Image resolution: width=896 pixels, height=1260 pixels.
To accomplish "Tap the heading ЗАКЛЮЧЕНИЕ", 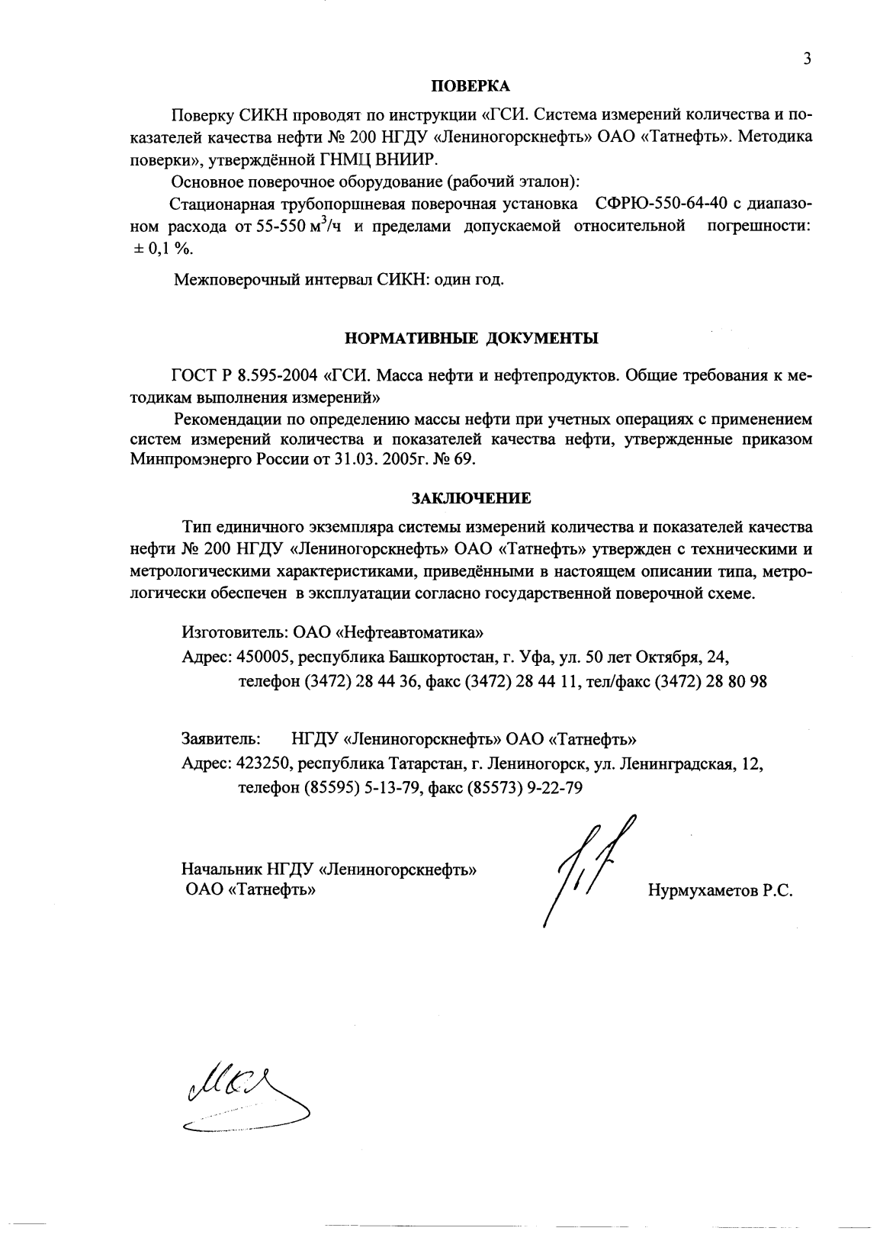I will coord(470,498).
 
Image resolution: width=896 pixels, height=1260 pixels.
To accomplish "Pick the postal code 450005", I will coord(264,655).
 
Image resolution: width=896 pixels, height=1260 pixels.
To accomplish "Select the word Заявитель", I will coord(221,739).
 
